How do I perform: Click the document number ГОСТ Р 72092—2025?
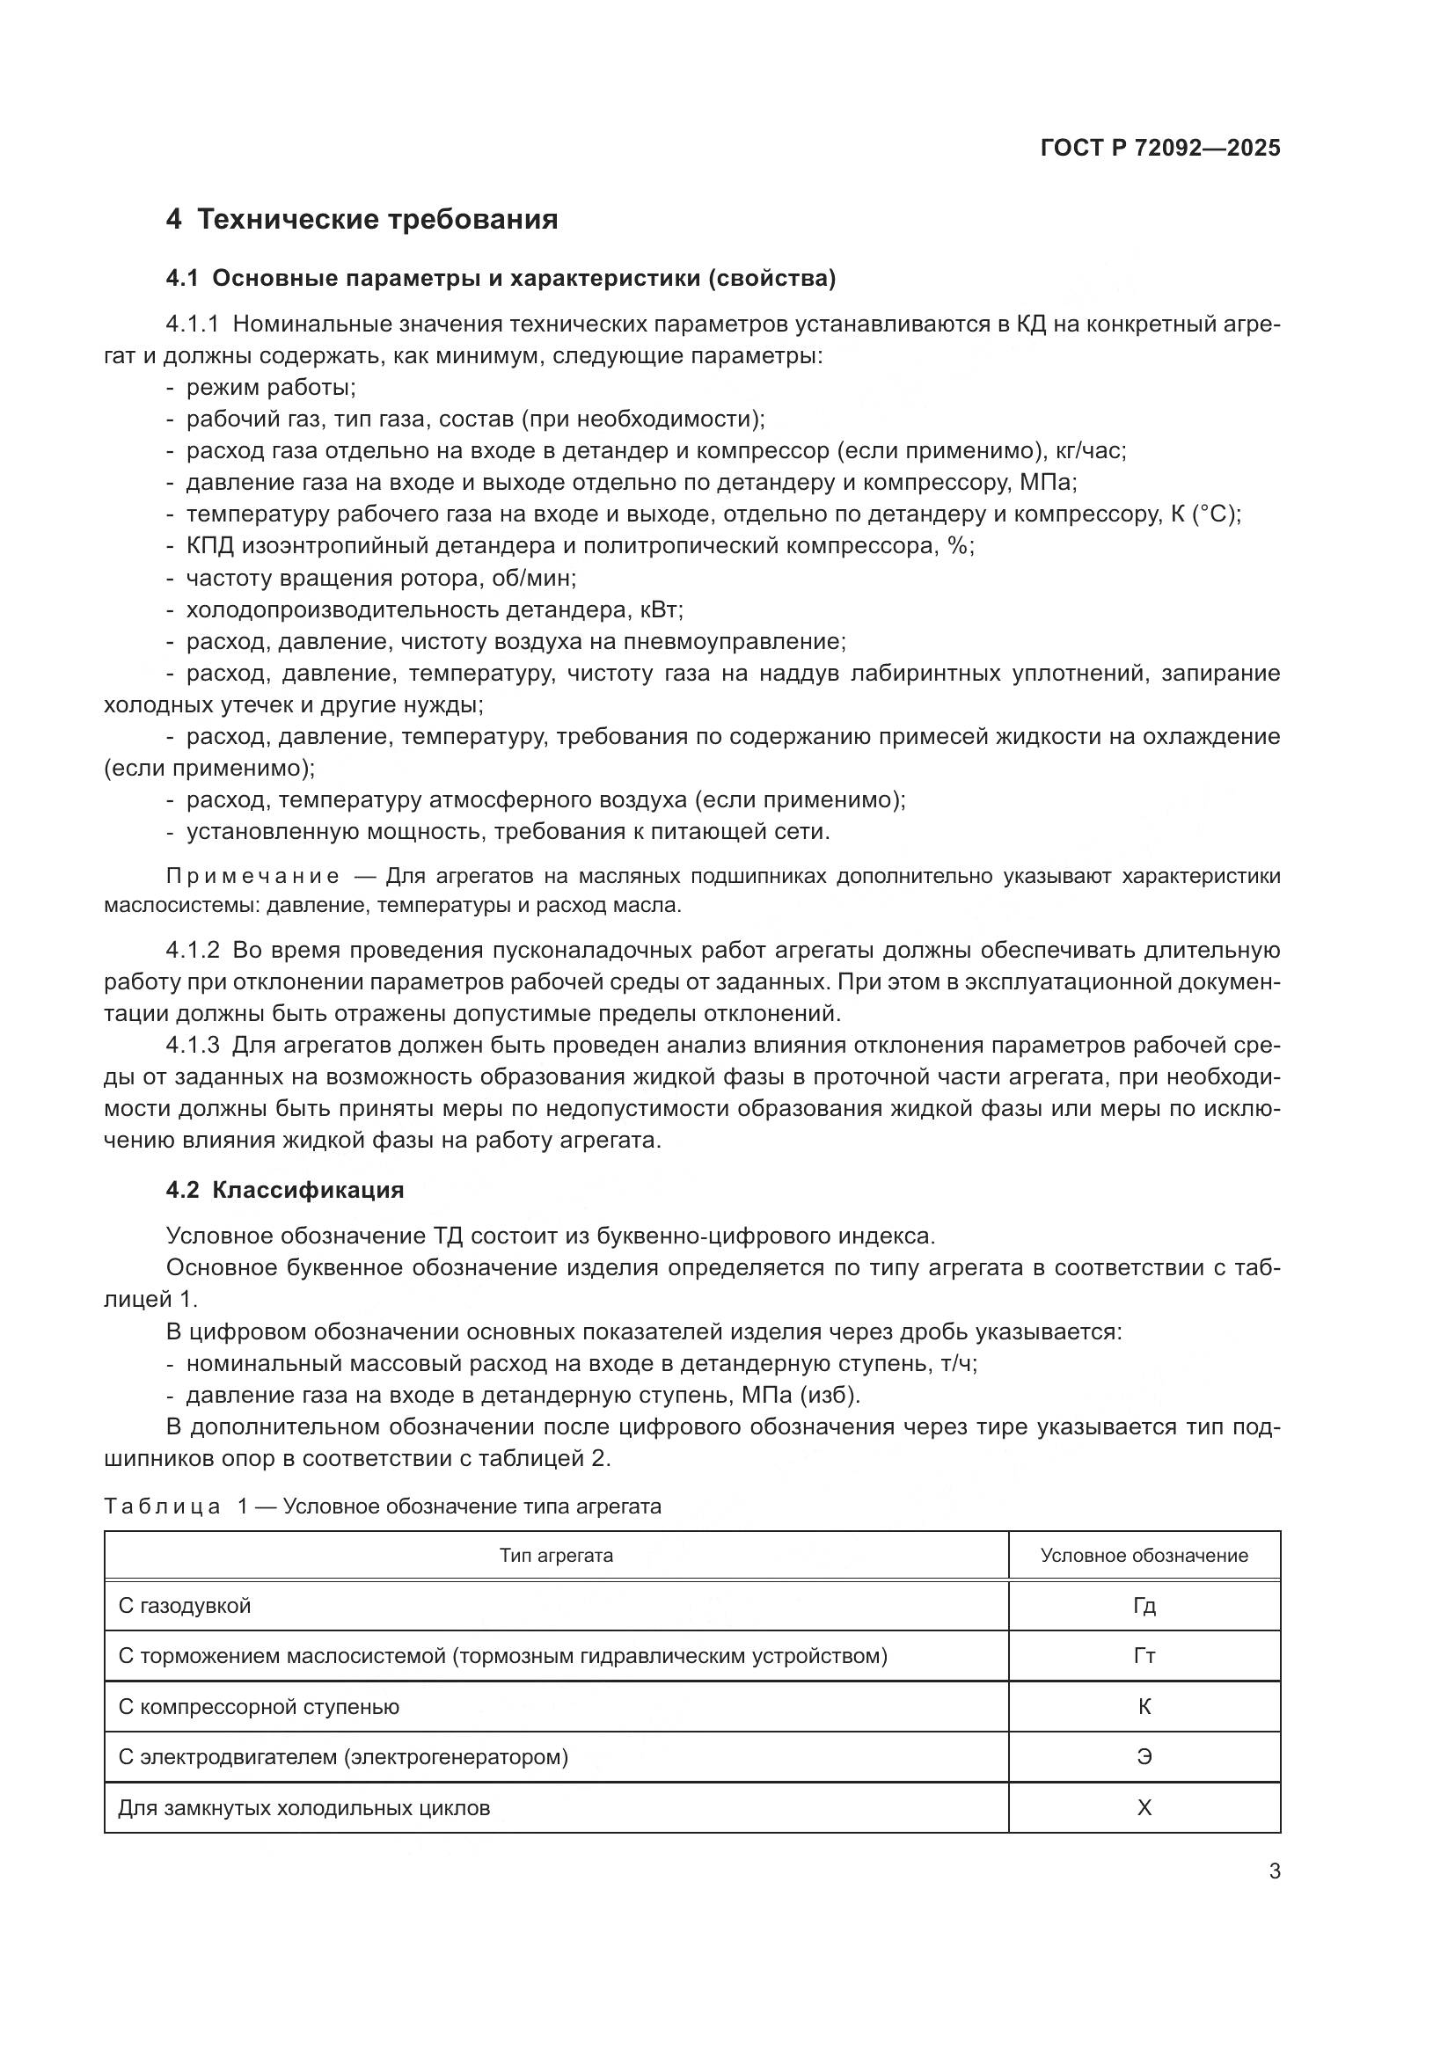tap(1160, 148)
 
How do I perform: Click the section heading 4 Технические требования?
tap(362, 220)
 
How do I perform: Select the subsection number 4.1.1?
tap(192, 324)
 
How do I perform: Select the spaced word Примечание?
tap(252, 876)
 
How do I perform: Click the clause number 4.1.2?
tap(192, 951)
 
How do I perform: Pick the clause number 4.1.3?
tap(192, 1046)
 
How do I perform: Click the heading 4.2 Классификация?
tap(285, 1190)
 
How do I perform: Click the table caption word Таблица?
tap(162, 1507)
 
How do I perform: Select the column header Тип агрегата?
tap(555, 1556)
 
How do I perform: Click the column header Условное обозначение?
tap(1144, 1556)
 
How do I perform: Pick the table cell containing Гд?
tap(1144, 1606)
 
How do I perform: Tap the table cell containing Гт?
tap(1144, 1656)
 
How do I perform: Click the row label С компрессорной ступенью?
tap(259, 1707)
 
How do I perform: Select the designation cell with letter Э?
tap(1144, 1757)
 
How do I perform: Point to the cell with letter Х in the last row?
tap(1144, 1808)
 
